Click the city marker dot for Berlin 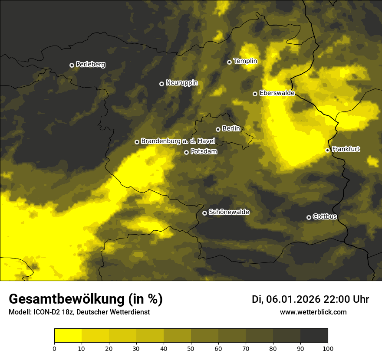[218, 129]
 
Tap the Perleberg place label [90, 65]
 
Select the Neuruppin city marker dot [161, 84]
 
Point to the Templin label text [245, 61]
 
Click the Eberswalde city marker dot [255, 94]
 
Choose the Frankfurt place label [346, 149]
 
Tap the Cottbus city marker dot [309, 217]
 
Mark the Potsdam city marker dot [186, 152]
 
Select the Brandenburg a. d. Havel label [178, 141]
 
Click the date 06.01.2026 [293, 299]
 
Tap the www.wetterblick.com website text [313, 312]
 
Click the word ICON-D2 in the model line [44, 312]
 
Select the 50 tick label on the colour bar [191, 348]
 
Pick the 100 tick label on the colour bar [328, 348]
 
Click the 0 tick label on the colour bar [54, 348]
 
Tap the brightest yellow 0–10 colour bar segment [68, 336]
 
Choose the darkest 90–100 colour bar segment [314, 336]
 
